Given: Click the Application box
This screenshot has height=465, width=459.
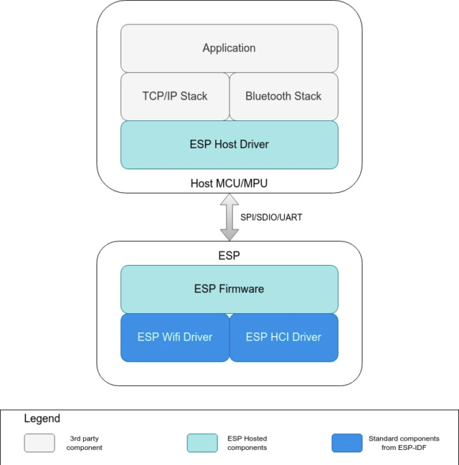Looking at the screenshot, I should [x=229, y=48].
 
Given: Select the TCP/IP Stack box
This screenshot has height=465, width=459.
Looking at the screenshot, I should [x=174, y=96].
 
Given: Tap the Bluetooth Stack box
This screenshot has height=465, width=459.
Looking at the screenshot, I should [x=283, y=96].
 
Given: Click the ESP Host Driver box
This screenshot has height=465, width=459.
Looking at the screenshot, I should [x=229, y=144].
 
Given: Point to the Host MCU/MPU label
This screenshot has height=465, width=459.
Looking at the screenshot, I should [x=229, y=183].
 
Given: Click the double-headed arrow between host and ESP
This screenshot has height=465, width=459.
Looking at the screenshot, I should [x=229, y=218].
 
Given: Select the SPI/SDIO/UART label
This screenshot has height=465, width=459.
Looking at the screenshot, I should [x=271, y=217].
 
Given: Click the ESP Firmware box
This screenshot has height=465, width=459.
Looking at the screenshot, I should [x=229, y=289].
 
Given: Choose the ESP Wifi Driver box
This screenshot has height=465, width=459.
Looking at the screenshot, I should [x=174, y=337].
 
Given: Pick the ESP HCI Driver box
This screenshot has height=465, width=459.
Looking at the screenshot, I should [x=283, y=337].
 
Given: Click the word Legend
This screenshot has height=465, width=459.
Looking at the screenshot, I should [x=42, y=418].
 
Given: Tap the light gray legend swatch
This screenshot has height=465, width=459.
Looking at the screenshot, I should [x=39, y=443].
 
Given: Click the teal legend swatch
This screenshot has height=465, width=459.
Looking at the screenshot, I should [x=202, y=443].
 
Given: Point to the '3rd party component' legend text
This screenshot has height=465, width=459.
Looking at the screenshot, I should [x=85, y=443].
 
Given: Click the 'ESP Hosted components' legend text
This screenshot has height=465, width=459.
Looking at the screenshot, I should [x=247, y=443].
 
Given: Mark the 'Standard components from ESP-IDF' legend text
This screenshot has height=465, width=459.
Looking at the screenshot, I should [x=404, y=443].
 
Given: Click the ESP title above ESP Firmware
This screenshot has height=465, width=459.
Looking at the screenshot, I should [x=229, y=255].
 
